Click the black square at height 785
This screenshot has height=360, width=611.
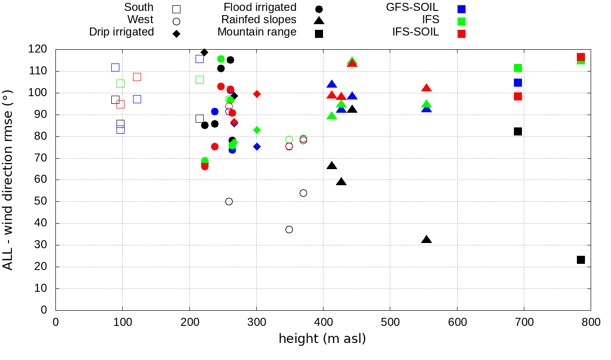581,260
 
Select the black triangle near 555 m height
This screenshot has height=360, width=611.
426,240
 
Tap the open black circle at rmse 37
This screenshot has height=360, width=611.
289,229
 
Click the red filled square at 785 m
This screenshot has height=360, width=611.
581,57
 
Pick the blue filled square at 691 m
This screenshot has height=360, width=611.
518,82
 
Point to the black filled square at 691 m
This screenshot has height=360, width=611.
518,131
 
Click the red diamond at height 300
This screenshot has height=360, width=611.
257,94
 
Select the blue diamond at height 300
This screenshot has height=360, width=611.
257,146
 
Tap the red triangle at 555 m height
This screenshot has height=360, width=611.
426,88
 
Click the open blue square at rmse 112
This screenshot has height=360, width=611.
115,67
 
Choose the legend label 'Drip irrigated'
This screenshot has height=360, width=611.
122,32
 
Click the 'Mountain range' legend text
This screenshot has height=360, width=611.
257,32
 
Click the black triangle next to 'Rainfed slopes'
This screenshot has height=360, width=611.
319,21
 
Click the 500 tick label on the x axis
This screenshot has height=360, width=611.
390,322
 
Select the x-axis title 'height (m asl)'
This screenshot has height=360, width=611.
322,339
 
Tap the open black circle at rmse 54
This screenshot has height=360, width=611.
303,193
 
